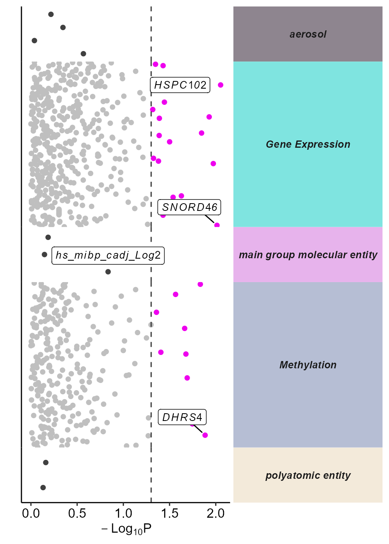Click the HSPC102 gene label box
point(180,85)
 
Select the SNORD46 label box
point(189,207)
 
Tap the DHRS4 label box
point(182,417)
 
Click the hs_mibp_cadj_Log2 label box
point(108,255)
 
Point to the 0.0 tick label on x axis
point(31,513)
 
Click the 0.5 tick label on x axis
point(77,513)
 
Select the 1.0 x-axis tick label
point(123,513)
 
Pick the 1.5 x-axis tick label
point(169,513)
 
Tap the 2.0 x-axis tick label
point(216,513)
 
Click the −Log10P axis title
point(126,529)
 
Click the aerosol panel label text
point(308,34)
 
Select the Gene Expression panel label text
point(308,144)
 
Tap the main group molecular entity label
point(308,255)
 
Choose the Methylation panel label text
point(308,365)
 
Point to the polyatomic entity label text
point(308,476)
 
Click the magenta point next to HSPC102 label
point(220,85)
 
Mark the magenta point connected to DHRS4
point(205,435)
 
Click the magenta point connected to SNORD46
point(217,225)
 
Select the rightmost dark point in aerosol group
point(83,54)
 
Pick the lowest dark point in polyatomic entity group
point(43,488)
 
